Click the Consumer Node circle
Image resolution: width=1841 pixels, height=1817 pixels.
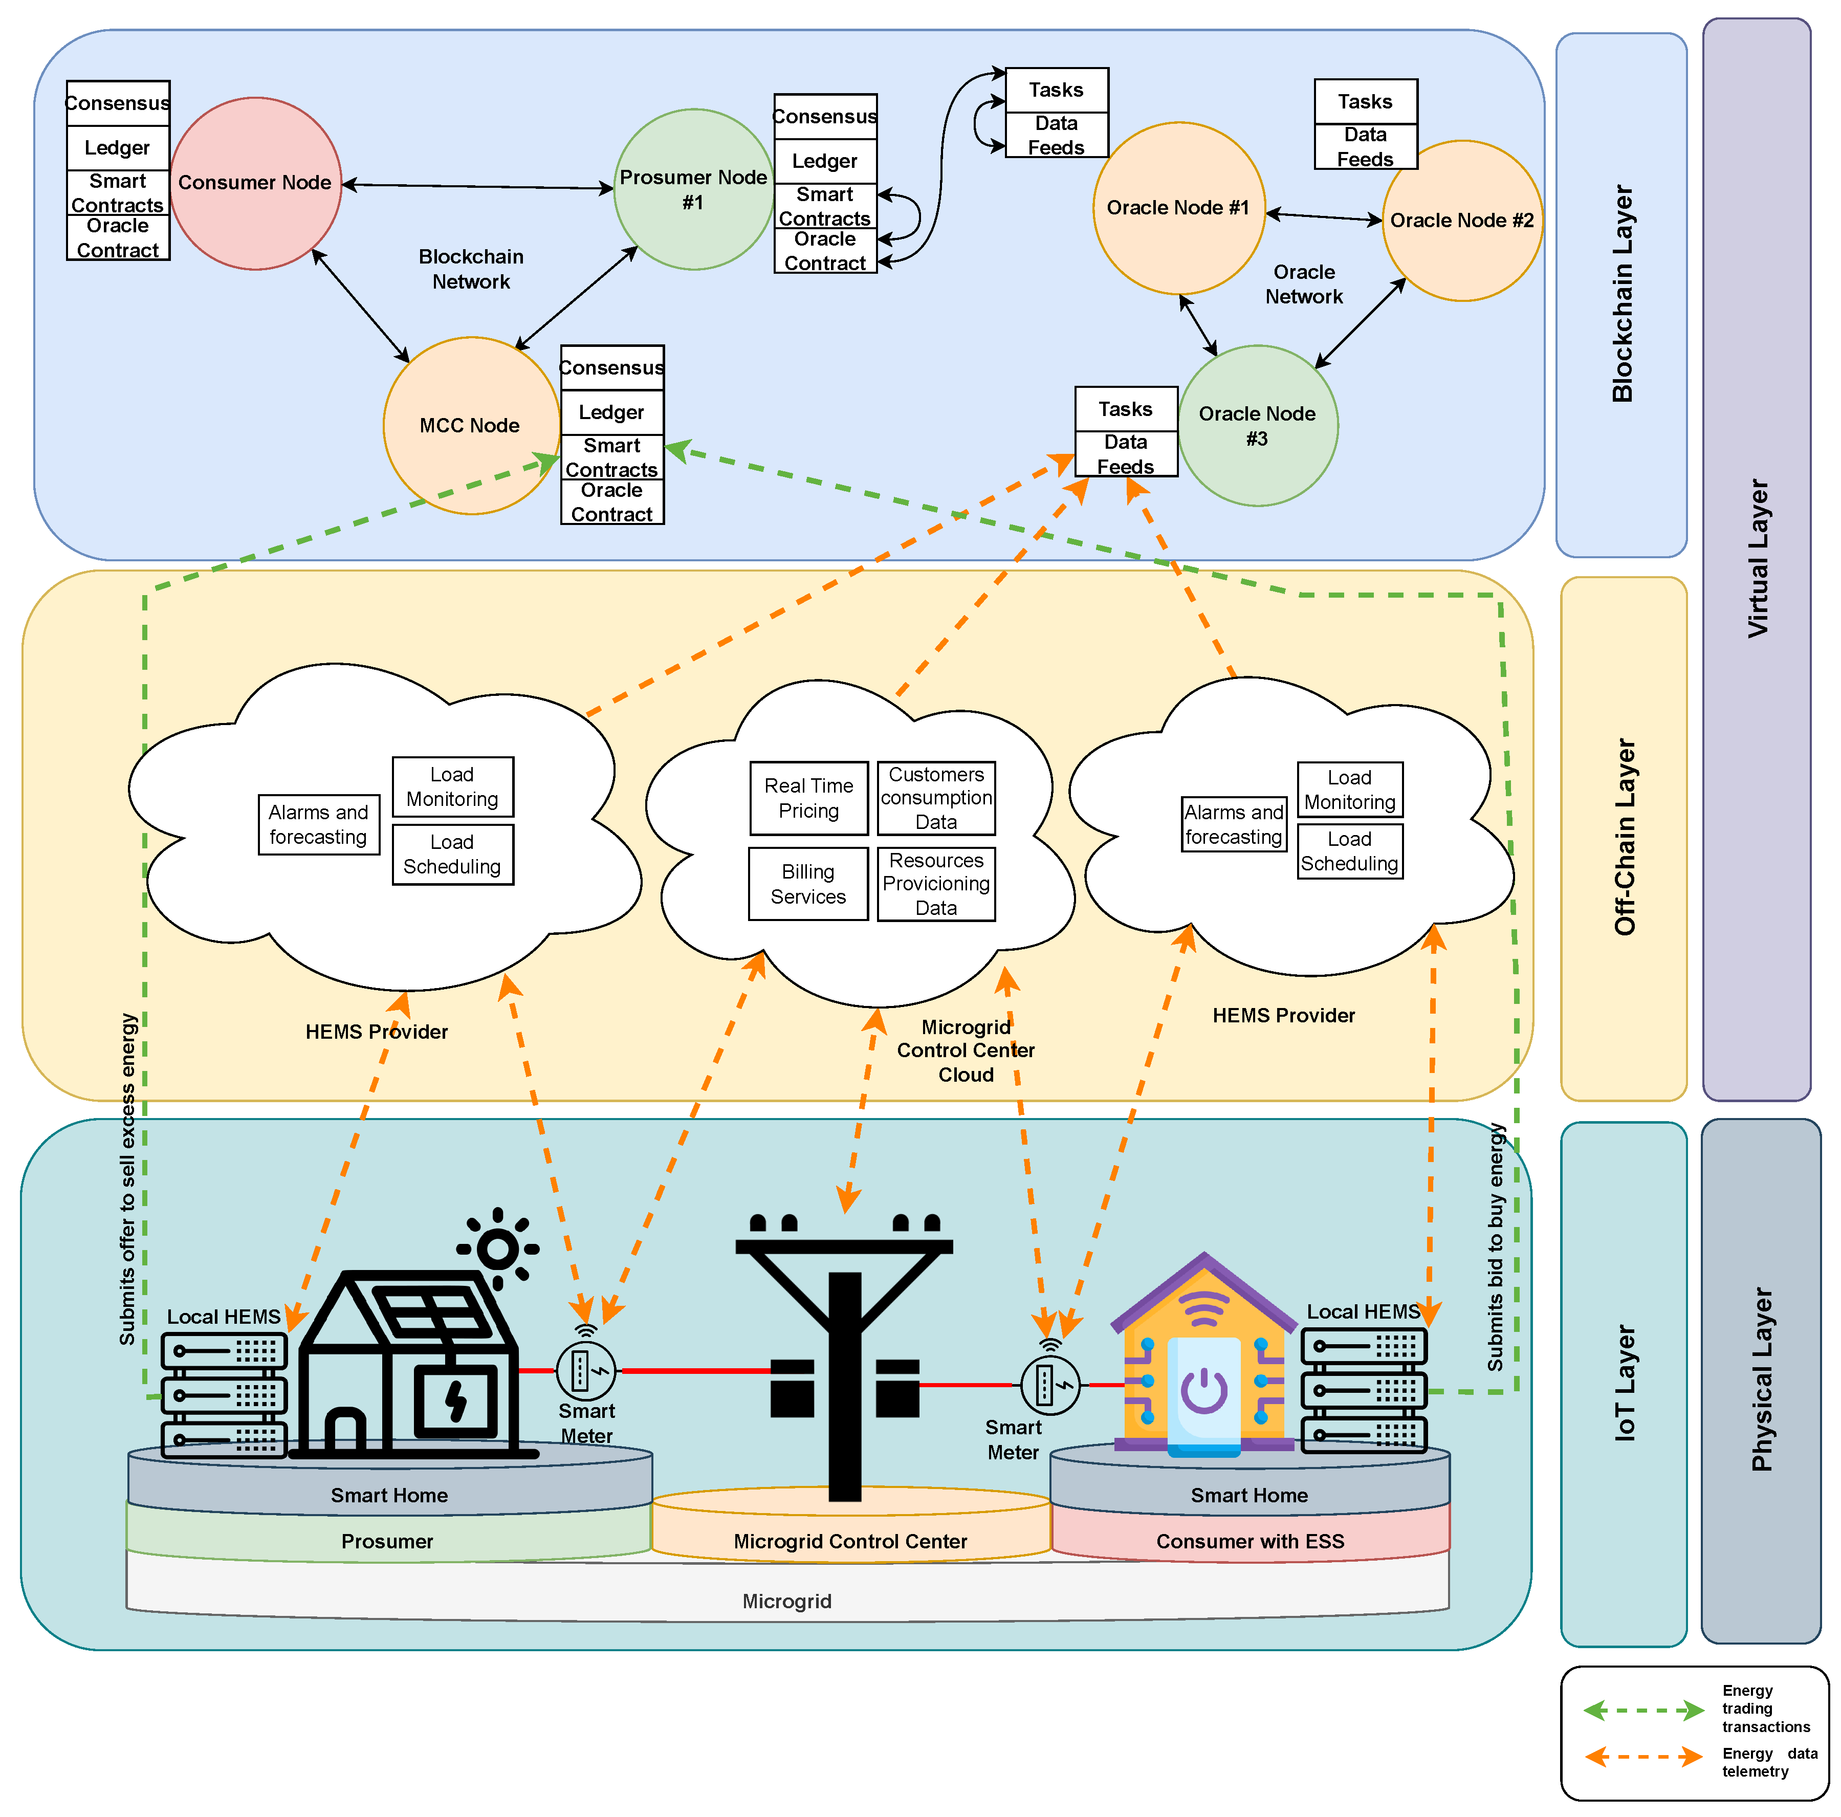255,183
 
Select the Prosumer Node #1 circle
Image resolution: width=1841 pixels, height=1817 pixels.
694,189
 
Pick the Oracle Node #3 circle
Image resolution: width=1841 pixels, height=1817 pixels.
1258,425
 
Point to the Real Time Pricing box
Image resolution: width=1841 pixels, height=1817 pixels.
809,798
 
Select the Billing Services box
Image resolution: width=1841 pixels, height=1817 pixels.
808,884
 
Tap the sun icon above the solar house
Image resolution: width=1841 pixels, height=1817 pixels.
497,1247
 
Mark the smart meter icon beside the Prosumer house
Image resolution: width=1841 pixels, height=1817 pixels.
586,1370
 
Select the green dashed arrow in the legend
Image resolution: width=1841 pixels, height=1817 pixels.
1643,1710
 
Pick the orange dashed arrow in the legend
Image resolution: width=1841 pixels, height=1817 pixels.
1643,1756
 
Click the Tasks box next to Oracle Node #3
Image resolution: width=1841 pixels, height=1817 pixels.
1126,409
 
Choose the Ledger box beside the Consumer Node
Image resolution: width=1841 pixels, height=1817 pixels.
118,148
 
